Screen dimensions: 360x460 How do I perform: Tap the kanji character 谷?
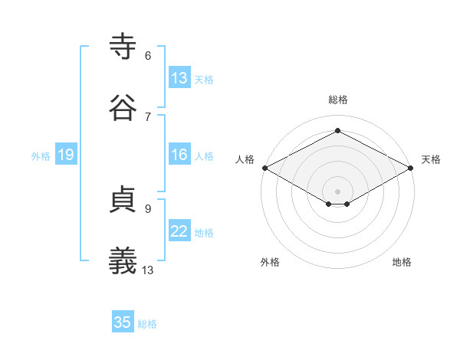tap(123, 108)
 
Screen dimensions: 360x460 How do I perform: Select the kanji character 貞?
tap(123, 200)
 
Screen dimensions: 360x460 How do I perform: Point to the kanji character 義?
tap(123, 260)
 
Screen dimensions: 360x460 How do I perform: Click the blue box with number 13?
tap(179, 78)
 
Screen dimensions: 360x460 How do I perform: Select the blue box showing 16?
tap(179, 155)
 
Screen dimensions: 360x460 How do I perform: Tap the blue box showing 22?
tap(179, 231)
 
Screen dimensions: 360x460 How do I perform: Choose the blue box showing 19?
tap(65, 155)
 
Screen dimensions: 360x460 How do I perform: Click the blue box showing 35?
tap(123, 322)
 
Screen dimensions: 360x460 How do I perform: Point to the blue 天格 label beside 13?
tap(204, 79)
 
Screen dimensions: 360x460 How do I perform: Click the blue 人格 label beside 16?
tap(204, 155)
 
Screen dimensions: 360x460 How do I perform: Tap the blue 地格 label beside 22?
tap(204, 232)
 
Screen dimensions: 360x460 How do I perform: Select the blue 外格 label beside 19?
tap(41, 155)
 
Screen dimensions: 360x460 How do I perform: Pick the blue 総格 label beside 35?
tap(147, 323)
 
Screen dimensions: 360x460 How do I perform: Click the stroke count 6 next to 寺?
tap(147, 55)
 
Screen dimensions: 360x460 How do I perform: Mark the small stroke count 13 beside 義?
tap(148, 269)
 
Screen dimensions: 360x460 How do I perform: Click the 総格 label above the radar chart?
tap(338, 100)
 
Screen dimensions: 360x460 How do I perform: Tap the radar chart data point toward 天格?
tap(412, 168)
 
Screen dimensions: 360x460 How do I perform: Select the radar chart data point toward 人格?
tap(264, 168)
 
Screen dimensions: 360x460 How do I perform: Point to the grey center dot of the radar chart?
tap(338, 190)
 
